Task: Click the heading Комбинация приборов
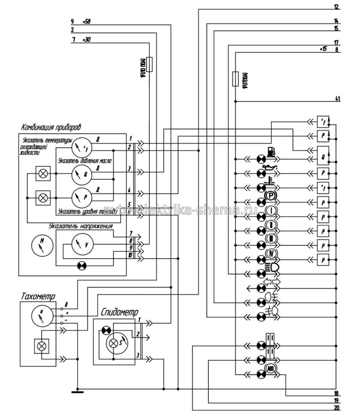click(51, 127)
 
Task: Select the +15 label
click(323, 49)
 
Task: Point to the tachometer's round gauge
click(41, 318)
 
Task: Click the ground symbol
click(77, 391)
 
